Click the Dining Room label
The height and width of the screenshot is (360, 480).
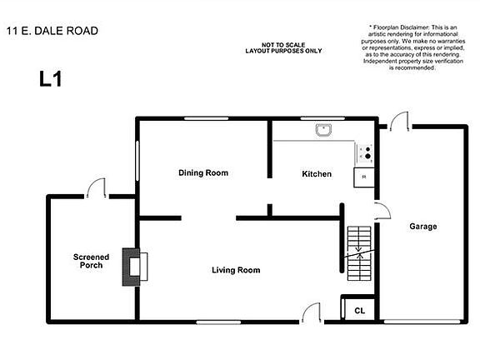coord(203,173)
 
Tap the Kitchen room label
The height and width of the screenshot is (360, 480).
coord(317,174)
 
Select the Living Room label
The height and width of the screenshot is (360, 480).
coord(236,270)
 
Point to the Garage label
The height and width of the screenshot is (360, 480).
coord(422,227)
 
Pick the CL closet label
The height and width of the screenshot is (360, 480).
coord(359,310)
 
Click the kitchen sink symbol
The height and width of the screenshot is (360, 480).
coord(323,129)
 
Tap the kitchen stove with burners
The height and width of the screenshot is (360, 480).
coord(364,152)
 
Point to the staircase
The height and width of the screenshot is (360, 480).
coord(358,253)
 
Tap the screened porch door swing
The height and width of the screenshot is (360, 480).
coord(99,188)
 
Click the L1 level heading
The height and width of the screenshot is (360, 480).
coord(50,79)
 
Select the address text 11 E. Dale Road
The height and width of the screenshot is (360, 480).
coord(52,31)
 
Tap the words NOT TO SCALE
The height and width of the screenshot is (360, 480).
coord(282,43)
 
